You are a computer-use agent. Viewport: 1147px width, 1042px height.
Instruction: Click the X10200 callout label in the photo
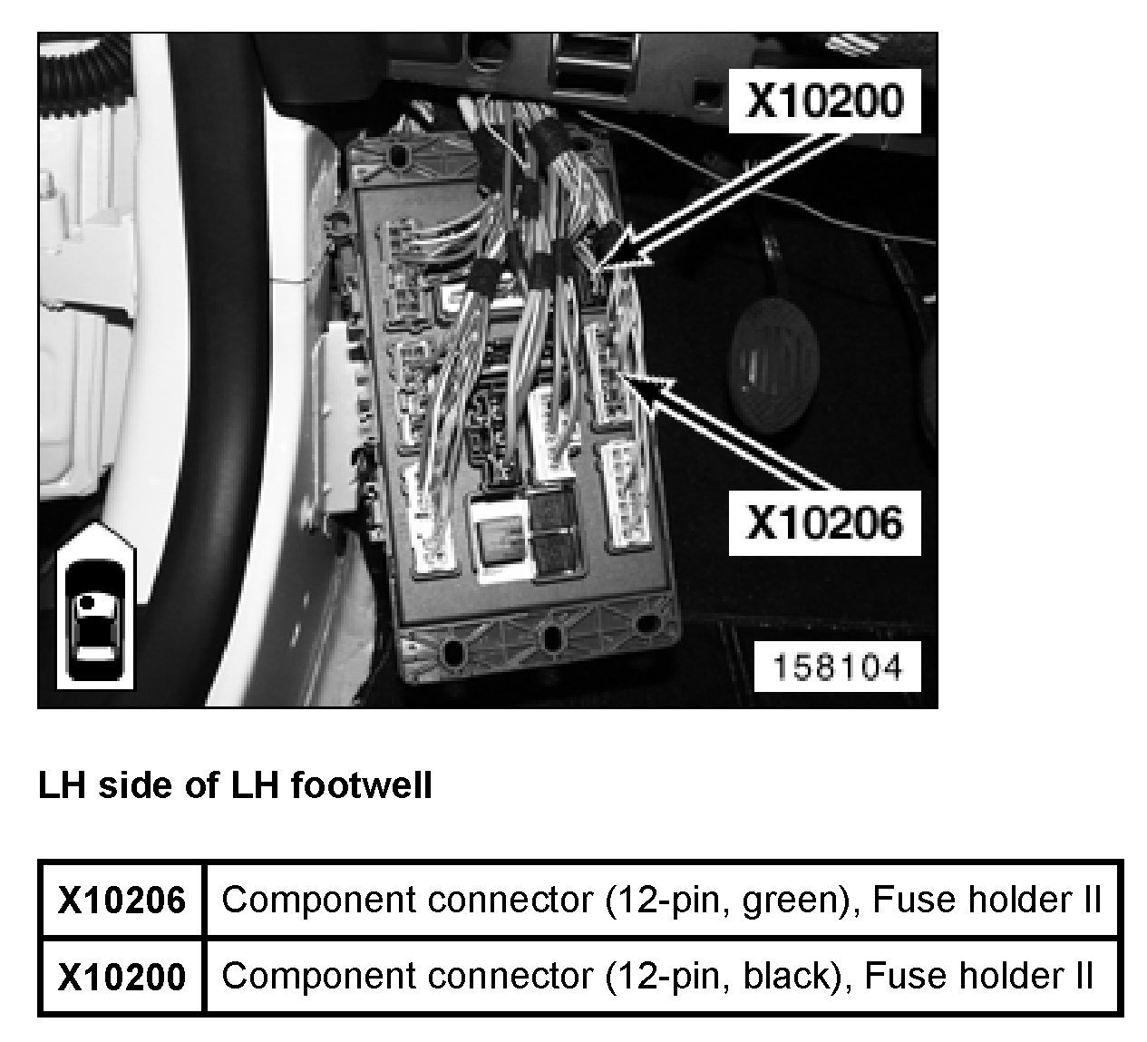click(x=824, y=102)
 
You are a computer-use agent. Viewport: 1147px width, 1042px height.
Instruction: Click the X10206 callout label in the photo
click(x=824, y=522)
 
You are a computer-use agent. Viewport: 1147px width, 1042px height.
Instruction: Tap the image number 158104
click(x=837, y=667)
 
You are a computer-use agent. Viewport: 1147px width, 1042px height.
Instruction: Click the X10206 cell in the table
click(x=122, y=901)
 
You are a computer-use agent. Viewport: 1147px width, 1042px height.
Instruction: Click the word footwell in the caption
click(x=362, y=784)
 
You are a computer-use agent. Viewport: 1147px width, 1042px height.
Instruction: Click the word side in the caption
click(x=136, y=784)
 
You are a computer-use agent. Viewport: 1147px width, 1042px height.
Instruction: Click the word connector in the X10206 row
click(x=509, y=901)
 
